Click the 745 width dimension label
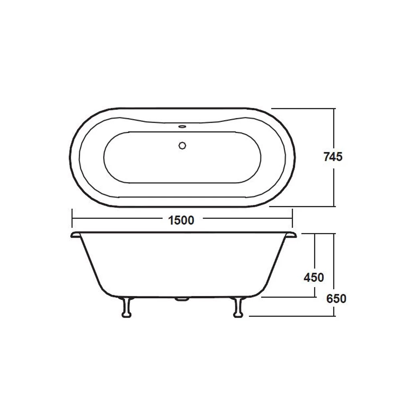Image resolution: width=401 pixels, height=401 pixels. tap(333, 157)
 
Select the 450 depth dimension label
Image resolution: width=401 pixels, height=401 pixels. tap(313, 277)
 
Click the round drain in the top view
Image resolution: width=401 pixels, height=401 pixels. tap(182, 145)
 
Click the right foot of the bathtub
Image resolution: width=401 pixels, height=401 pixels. tap(238, 308)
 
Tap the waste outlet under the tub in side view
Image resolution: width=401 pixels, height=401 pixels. tap(182, 299)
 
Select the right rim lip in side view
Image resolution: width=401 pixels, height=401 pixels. tap(290, 235)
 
